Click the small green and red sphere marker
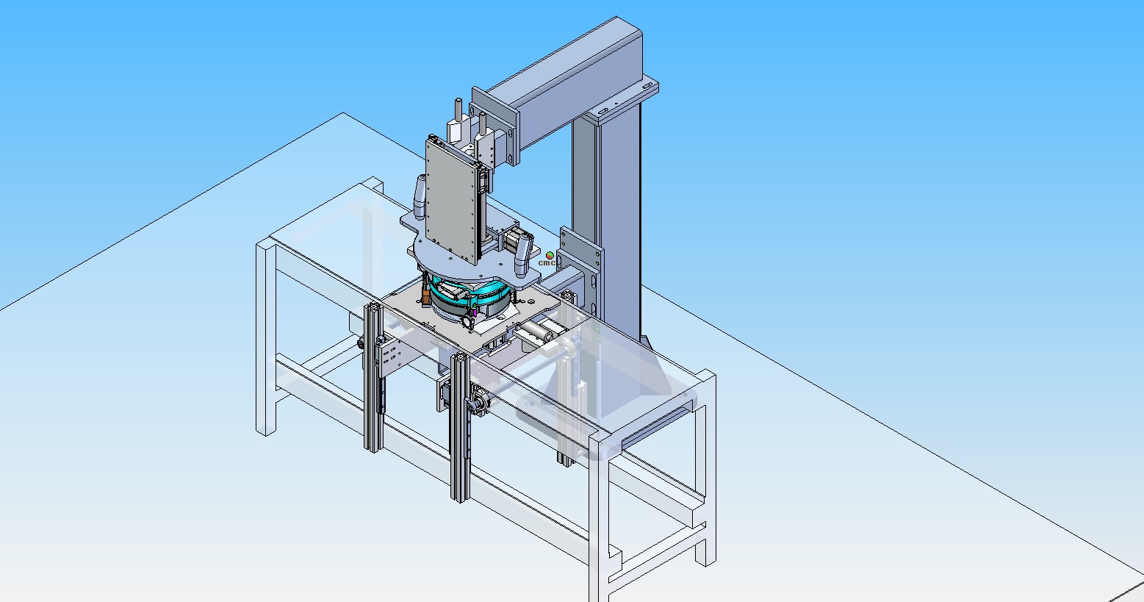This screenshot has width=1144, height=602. point(550,255)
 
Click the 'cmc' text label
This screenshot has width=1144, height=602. point(546,262)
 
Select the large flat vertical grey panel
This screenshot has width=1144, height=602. point(453,201)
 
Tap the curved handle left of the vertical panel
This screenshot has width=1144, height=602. point(420,197)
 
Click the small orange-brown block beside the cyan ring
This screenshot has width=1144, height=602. point(425,296)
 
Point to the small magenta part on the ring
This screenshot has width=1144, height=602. point(475,311)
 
